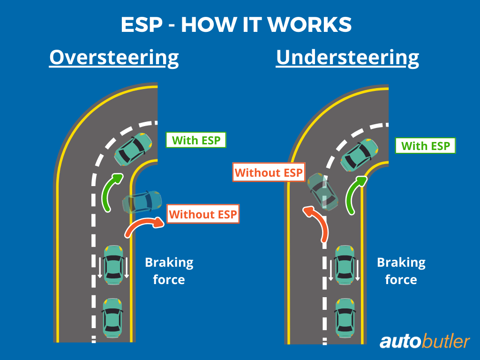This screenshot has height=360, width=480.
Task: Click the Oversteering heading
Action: pyautogui.click(x=114, y=58)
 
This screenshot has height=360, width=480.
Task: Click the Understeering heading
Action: pyautogui.click(x=347, y=58)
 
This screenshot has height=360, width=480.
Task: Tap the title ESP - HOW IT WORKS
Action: pyautogui.click(x=236, y=25)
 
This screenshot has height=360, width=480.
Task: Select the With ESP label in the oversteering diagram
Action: pyautogui.click(x=196, y=140)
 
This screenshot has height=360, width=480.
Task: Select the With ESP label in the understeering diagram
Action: pyautogui.click(x=426, y=146)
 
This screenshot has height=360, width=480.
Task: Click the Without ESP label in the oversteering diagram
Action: pyautogui.click(x=203, y=215)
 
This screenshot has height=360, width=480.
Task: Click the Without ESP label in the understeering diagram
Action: pyautogui.click(x=269, y=172)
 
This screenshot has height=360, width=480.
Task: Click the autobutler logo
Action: pyautogui.click(x=424, y=341)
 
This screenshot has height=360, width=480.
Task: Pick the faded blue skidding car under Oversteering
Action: pyautogui.click(x=142, y=202)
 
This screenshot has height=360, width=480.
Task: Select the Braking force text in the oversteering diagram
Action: pyautogui.click(x=169, y=271)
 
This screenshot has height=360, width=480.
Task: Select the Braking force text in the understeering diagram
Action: pyautogui.click(x=401, y=271)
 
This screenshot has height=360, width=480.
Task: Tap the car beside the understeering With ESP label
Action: pyautogui.click(x=360, y=155)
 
